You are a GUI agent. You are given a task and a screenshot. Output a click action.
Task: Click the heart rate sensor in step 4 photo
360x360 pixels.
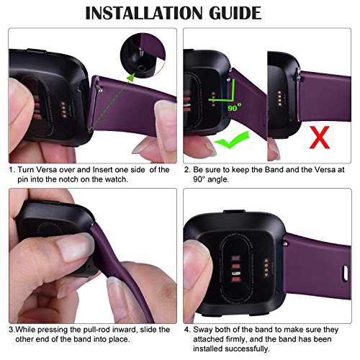[233, 274]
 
